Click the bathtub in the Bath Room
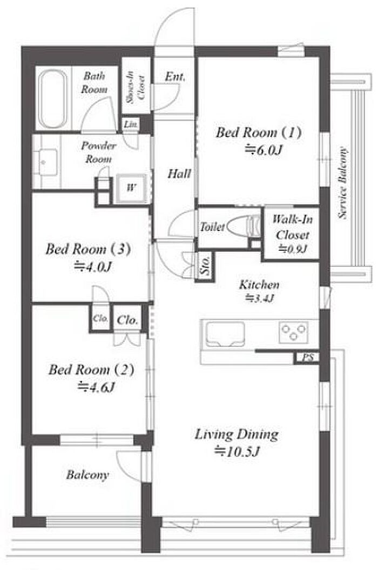pos(53,99)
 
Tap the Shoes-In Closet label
pos(136,87)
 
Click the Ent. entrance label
pos(175,77)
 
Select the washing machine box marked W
pos(131,188)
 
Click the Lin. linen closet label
pos(131,125)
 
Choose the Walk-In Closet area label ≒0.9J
pos(293,249)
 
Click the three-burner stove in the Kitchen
pos(294,332)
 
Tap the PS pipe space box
pos(307,358)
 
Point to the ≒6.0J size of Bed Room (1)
pos(264,150)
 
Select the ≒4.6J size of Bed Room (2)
pos(96,388)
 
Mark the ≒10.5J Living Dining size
pos(237,452)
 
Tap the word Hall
pos(179,174)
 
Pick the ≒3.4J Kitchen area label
pos(259,298)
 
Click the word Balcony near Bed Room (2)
pos(87,475)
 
